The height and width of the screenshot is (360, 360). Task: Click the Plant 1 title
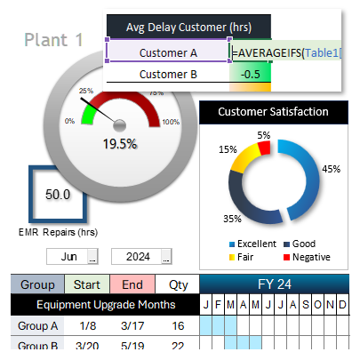point(54,39)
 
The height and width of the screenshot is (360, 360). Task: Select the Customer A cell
point(168,52)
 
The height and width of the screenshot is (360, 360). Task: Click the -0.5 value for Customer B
point(250,75)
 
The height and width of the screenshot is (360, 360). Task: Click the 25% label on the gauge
point(85,91)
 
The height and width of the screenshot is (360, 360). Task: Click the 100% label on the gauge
point(172,122)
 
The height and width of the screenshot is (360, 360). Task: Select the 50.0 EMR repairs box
point(59,194)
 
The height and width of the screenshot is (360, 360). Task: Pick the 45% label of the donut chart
point(332,168)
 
